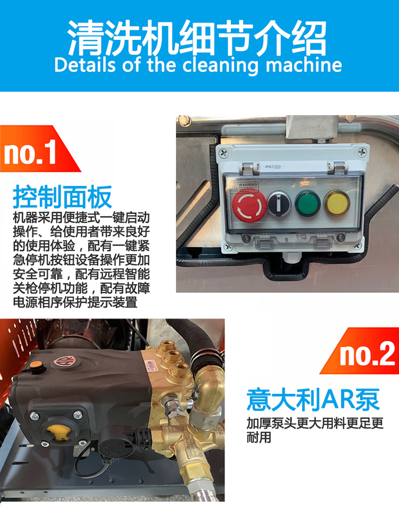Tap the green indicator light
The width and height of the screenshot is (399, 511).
click(x=308, y=203)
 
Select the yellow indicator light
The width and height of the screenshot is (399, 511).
click(x=337, y=202)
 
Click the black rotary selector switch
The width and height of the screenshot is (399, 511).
click(x=279, y=203)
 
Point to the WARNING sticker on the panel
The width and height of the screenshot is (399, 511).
click(x=244, y=187)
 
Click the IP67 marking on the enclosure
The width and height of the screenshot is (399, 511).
click(x=273, y=167)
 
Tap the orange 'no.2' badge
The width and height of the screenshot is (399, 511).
click(x=359, y=350)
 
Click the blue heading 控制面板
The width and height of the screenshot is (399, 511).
click(x=62, y=197)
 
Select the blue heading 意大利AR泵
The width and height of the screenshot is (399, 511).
click(x=313, y=399)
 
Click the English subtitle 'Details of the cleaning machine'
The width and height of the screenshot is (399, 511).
click(x=198, y=65)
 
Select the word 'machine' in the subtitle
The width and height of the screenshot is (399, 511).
click(x=304, y=65)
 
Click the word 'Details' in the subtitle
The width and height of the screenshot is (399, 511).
click(x=85, y=65)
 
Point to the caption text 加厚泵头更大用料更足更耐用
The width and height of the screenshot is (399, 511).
click(x=315, y=430)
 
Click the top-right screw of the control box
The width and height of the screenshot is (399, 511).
click(x=363, y=151)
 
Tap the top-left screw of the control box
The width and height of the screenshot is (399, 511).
click(x=224, y=152)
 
